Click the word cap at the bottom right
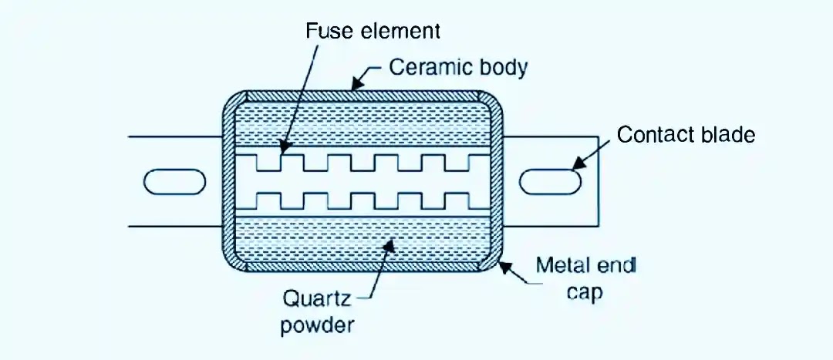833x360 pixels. pos(585,294)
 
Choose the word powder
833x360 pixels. pos(318,324)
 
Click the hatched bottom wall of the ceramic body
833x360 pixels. pos(363,267)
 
